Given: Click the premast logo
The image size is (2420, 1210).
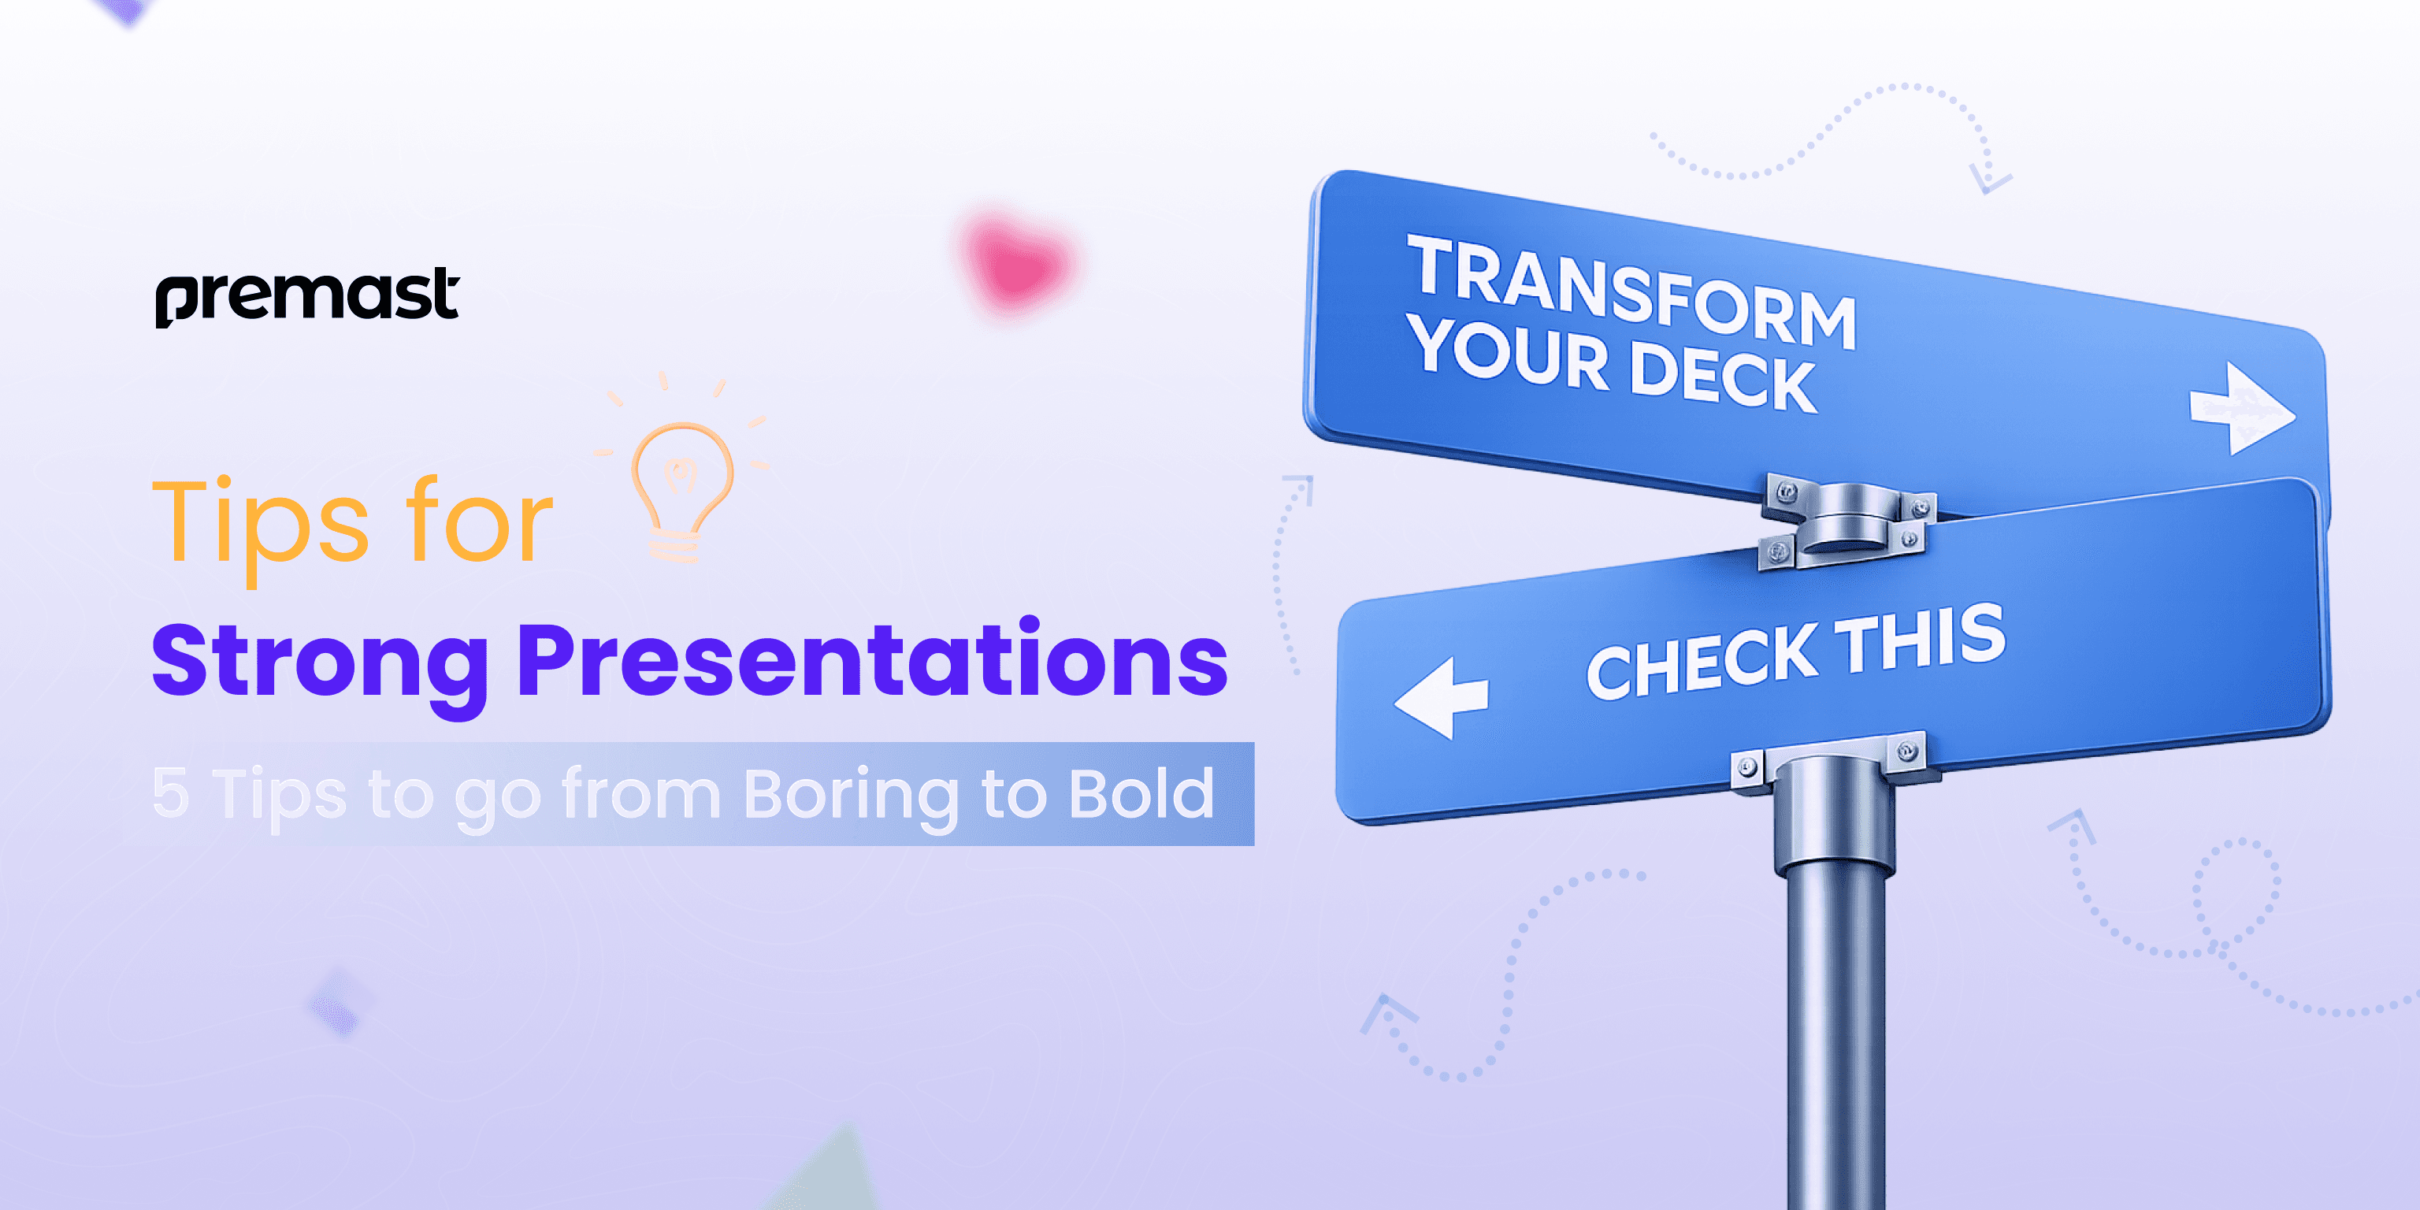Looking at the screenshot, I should (x=307, y=297).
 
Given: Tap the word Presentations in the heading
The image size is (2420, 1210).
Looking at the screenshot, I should (x=872, y=659).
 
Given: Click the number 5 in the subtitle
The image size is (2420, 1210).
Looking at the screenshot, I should (x=170, y=794).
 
